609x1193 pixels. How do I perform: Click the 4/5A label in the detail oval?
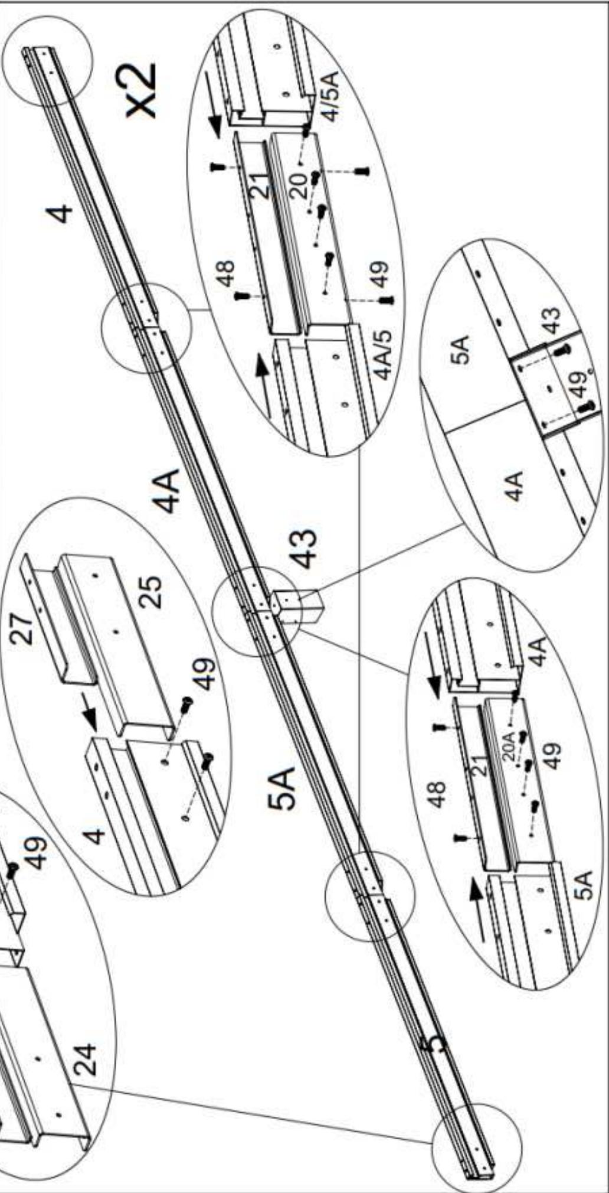(x=332, y=94)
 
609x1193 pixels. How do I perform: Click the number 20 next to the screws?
(x=299, y=185)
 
